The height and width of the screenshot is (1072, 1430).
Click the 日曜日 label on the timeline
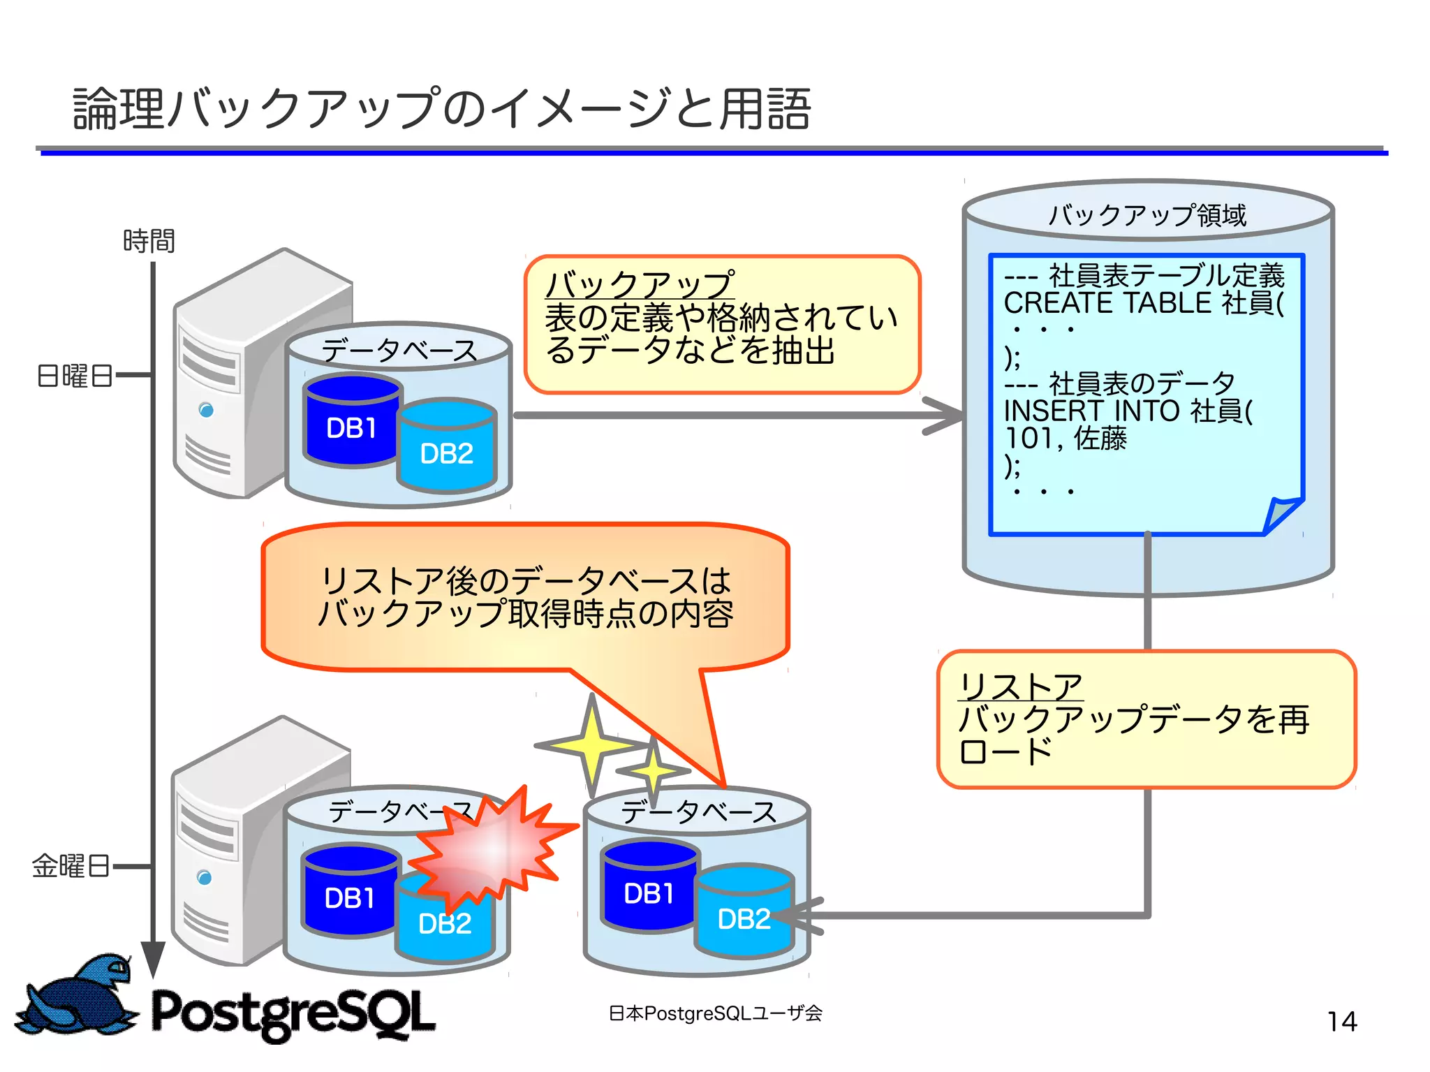(74, 376)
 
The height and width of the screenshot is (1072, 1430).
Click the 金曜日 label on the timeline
(71, 866)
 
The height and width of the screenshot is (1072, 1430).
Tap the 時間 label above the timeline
(149, 241)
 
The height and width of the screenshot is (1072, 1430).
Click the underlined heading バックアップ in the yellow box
(640, 285)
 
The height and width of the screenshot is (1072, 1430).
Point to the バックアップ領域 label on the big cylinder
(1147, 215)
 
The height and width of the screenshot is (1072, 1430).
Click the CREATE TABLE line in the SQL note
(1143, 303)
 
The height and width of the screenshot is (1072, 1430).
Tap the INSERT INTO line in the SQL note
(1128, 411)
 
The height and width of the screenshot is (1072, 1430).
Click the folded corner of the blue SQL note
(1282, 515)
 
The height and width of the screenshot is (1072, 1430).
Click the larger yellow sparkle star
(591, 746)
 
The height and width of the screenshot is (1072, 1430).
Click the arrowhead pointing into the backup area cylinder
(946, 416)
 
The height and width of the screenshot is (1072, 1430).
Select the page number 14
(1341, 1022)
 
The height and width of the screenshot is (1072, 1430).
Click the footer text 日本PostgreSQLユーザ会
(715, 1013)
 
